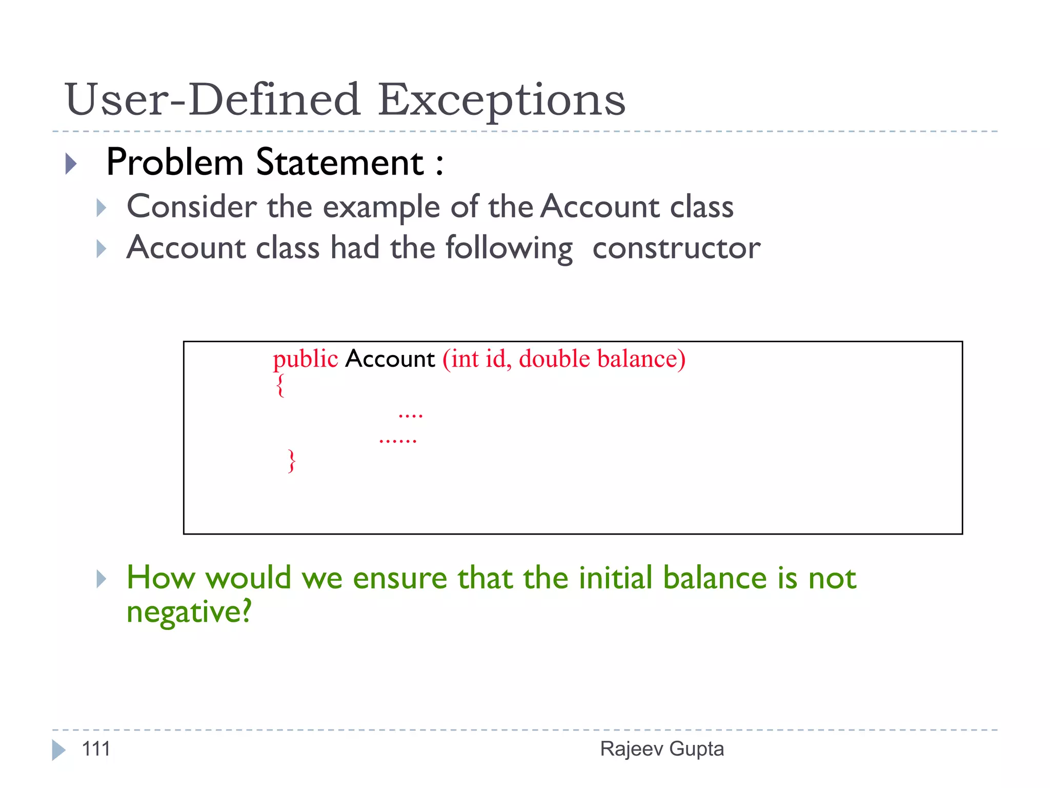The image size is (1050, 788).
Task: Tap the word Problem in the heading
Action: click(x=174, y=163)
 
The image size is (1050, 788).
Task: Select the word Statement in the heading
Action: click(x=340, y=163)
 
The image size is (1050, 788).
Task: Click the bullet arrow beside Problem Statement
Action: click(x=71, y=164)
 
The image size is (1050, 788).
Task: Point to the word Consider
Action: click(x=192, y=207)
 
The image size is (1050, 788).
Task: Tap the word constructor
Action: click(x=676, y=248)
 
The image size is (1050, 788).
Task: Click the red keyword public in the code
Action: click(x=305, y=359)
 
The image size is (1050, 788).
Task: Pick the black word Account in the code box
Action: click(x=390, y=359)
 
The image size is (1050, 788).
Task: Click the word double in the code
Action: click(x=554, y=359)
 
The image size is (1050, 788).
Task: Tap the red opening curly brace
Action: click(x=280, y=386)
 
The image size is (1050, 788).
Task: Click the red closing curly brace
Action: click(x=292, y=461)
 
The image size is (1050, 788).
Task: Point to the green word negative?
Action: click(x=189, y=612)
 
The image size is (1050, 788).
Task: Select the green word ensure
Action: click(x=400, y=578)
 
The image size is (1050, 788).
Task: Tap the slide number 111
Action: click(x=96, y=749)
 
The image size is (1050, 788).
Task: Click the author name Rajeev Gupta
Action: click(x=662, y=749)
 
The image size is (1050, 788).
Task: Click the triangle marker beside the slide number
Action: click(x=58, y=750)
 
